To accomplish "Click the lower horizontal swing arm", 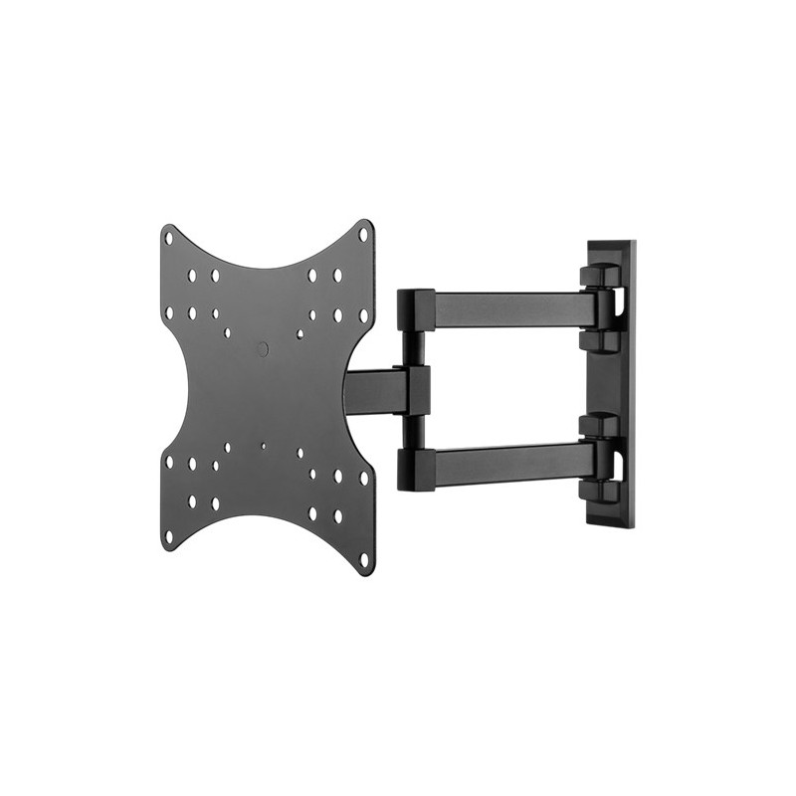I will tap(507, 460).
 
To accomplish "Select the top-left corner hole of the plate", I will tap(168, 238).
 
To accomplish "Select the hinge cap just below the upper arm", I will tap(598, 339).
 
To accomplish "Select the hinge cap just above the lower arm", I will tap(598, 426).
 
